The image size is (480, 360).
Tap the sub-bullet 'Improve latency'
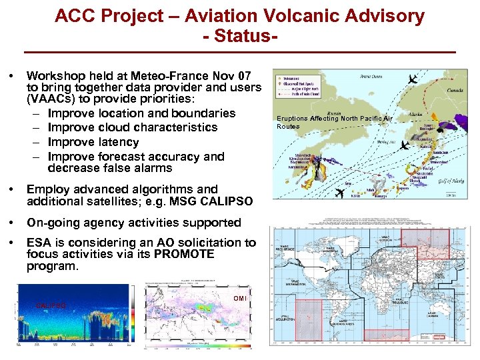coord(93,142)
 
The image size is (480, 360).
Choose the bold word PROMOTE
coord(185,254)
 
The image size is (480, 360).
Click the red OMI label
coord(240,298)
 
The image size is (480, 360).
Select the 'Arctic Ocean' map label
coord(368,77)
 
